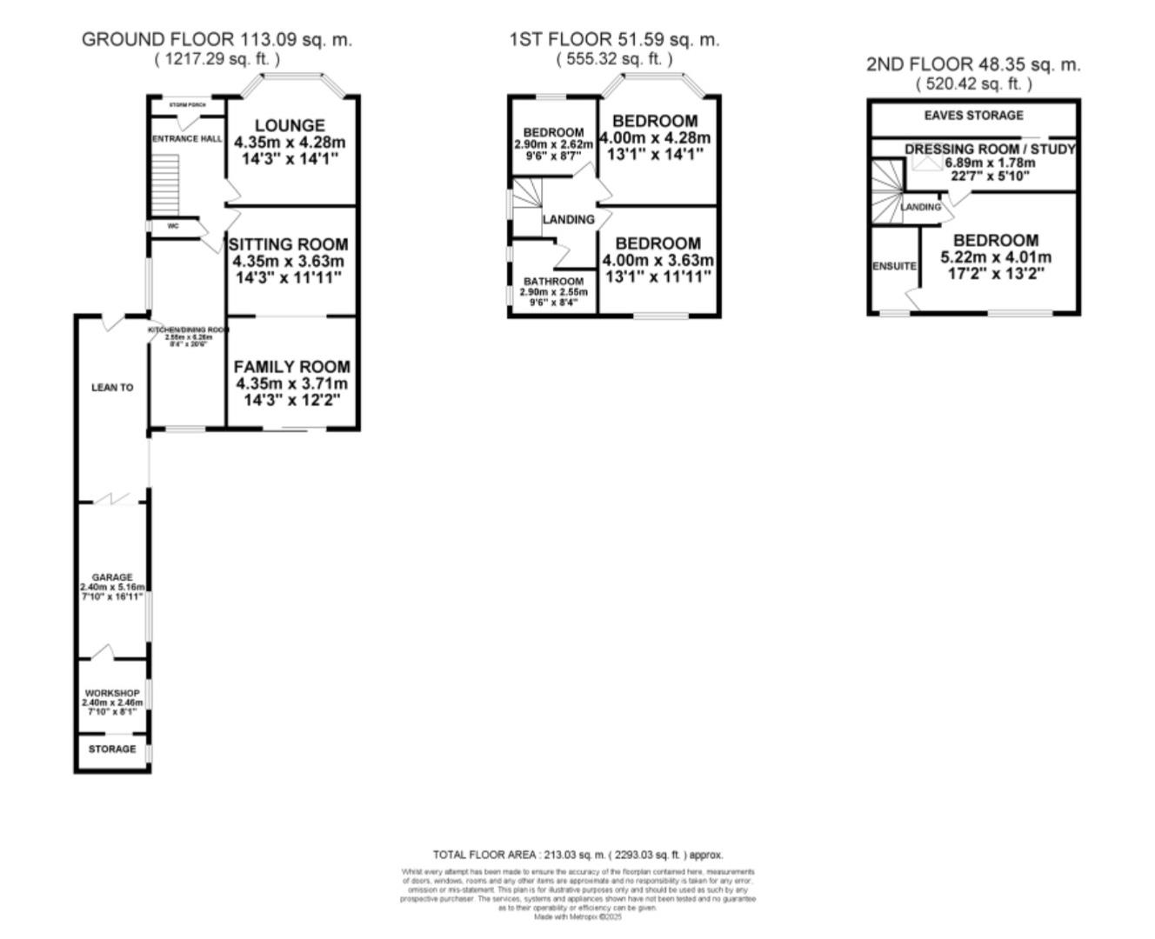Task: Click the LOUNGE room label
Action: tap(290, 126)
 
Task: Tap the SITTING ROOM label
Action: tap(288, 245)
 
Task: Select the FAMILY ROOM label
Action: tap(291, 368)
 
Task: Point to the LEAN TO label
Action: tap(112, 388)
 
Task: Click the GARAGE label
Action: tap(112, 577)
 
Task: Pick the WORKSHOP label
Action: tap(112, 693)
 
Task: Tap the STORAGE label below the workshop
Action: tap(112, 749)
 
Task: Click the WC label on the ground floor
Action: tap(172, 226)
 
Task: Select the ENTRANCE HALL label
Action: tap(187, 139)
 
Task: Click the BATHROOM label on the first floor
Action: tap(553, 282)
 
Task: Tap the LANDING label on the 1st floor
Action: tap(569, 220)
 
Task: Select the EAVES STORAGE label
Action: tap(973, 116)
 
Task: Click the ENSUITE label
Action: tap(894, 266)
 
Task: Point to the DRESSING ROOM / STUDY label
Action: tap(990, 150)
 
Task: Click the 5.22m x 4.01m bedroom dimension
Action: tap(996, 257)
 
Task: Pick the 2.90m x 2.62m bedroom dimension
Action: tap(553, 143)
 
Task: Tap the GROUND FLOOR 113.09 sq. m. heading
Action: tap(217, 39)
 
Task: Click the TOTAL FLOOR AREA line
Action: tap(577, 855)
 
